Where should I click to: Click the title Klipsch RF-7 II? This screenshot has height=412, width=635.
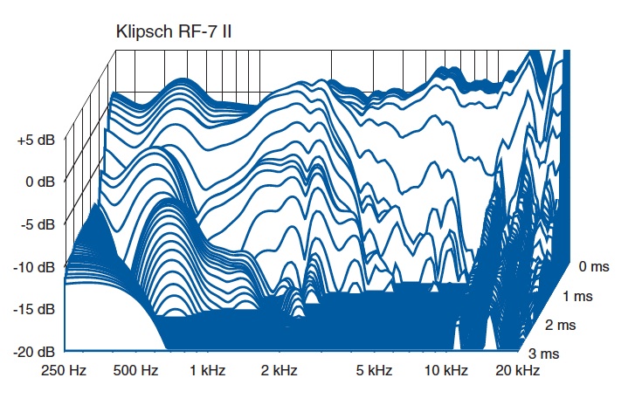coord(173,31)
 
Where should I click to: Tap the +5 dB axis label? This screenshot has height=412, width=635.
coord(35,140)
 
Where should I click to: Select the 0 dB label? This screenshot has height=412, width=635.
coord(39,182)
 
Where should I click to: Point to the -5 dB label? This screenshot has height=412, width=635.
coord(37,224)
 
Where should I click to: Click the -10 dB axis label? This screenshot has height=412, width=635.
coord(34,266)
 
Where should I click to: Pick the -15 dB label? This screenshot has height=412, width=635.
coord(34,309)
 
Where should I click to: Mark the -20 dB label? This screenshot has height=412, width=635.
coord(34,351)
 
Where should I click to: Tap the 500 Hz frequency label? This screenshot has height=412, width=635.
coord(136,371)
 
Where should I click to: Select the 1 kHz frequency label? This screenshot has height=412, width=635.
coord(209,371)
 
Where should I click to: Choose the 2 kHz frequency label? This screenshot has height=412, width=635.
coord(279,371)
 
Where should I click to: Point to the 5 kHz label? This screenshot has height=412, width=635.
coord(374,371)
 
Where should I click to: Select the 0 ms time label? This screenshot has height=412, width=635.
coord(597,266)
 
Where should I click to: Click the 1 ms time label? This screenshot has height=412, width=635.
coord(577,296)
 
